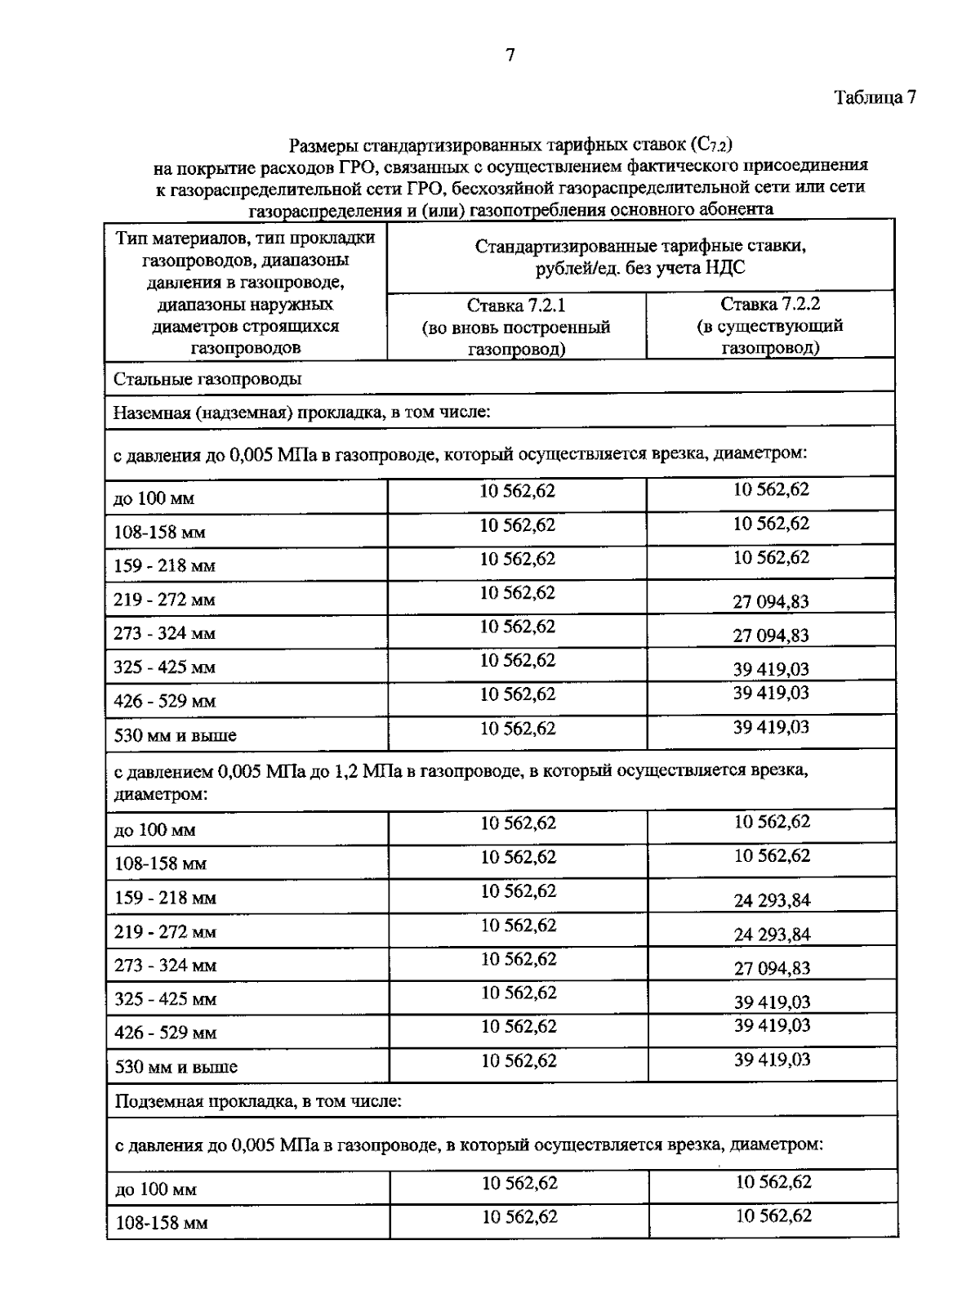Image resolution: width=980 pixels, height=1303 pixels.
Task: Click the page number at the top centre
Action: click(x=510, y=56)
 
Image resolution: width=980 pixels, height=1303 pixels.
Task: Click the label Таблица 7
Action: click(x=875, y=97)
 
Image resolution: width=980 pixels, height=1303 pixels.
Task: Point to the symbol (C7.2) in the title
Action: click(x=710, y=146)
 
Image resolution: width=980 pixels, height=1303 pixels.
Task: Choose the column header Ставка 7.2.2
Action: click(x=770, y=305)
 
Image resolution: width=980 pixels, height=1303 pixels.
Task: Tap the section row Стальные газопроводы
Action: click(x=207, y=380)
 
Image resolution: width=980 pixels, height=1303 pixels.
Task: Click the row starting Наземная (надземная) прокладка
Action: click(x=301, y=413)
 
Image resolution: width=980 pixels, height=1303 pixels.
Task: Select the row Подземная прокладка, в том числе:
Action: click(x=257, y=1101)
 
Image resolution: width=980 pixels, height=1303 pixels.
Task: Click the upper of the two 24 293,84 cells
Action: click(x=772, y=900)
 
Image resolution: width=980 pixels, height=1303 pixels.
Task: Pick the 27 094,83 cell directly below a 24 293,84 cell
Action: click(x=772, y=968)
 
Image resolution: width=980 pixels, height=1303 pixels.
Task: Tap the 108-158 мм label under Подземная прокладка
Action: click(x=162, y=1224)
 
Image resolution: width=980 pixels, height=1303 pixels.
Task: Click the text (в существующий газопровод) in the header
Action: click(x=770, y=337)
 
